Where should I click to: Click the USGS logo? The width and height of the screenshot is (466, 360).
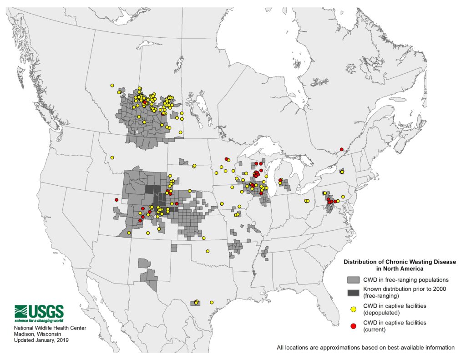39,313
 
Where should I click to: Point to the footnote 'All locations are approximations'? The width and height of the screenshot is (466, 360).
365,348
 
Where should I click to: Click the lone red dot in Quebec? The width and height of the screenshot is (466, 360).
341,149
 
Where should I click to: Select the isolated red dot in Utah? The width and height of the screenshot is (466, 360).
116,200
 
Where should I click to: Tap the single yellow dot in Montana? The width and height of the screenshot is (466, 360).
111,158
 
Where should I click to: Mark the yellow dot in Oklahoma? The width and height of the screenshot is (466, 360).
208,251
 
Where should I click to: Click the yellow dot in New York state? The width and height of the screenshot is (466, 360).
342,172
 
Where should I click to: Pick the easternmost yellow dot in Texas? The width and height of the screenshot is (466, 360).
212,302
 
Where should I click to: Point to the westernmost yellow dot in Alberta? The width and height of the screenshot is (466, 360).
111,85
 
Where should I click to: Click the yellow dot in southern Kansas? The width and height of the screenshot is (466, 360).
204,238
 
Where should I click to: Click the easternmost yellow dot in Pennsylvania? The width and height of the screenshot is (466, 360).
343,197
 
